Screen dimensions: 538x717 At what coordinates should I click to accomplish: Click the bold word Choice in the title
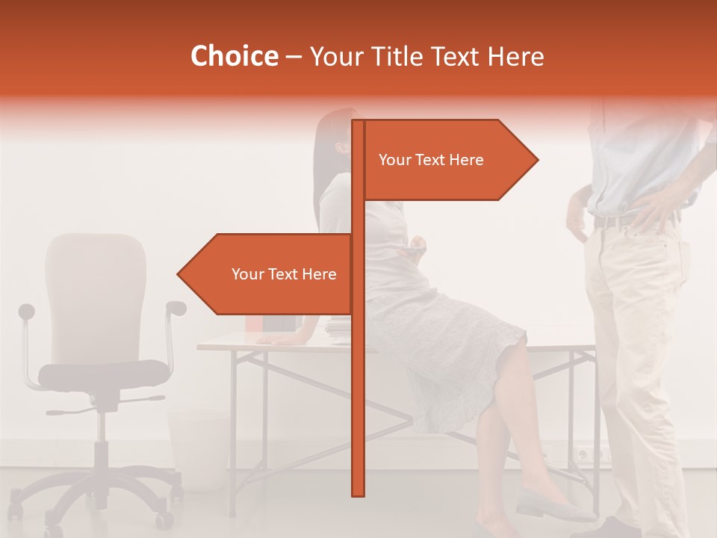point(234,57)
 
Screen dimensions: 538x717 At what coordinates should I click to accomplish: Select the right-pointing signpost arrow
point(448,160)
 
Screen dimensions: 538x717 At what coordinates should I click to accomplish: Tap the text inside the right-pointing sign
point(431,160)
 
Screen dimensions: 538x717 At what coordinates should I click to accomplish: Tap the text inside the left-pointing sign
point(284,274)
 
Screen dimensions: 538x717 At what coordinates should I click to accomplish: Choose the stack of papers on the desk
point(340,329)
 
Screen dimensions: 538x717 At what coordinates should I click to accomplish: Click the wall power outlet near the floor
point(583,454)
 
